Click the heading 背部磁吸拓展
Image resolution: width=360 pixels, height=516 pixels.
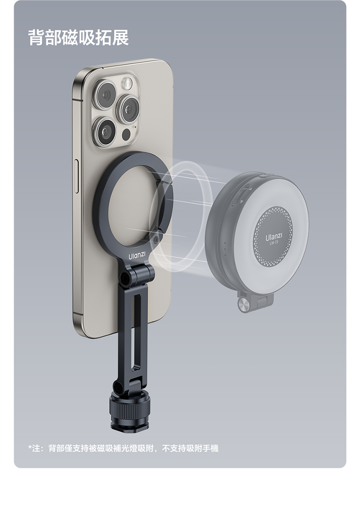coord(78,37)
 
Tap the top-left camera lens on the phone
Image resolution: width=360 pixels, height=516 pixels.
coord(105,95)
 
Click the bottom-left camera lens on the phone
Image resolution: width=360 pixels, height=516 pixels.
coord(105,132)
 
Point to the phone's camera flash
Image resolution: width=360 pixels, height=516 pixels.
coord(127,84)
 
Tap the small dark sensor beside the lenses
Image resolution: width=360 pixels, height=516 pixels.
coord(126,134)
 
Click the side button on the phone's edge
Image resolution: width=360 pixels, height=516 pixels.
coord(77,176)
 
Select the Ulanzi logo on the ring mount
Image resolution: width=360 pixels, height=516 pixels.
coord(137,255)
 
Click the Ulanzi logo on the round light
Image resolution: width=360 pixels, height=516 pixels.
coord(274,237)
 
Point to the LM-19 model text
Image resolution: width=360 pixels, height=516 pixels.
coord(274,243)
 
